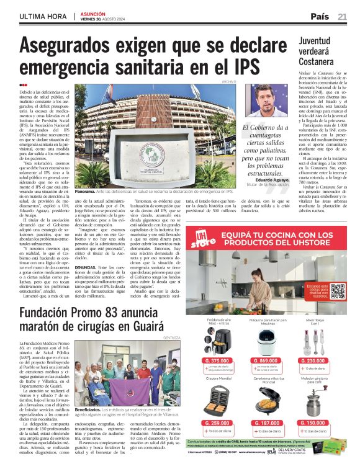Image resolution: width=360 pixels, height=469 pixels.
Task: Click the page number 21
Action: [342, 16]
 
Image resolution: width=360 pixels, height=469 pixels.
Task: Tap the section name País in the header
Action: [319, 16]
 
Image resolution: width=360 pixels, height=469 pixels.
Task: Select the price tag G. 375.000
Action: [217, 360]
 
